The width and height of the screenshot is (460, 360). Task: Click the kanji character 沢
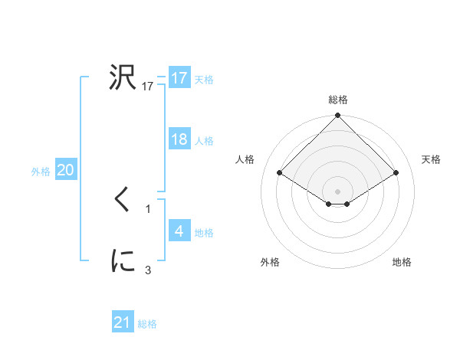(x=123, y=78)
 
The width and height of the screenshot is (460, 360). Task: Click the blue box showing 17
(x=179, y=78)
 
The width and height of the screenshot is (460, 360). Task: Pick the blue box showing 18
(x=179, y=139)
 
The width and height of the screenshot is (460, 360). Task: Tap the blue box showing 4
(x=179, y=231)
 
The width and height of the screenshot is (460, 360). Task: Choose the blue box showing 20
(x=65, y=170)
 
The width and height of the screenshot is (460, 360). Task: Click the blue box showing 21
(x=123, y=323)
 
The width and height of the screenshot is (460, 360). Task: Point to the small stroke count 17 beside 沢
(x=147, y=87)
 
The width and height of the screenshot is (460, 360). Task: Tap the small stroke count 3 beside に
(x=148, y=270)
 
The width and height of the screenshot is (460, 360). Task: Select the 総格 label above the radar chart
(x=338, y=100)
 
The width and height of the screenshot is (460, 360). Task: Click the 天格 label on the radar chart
(x=431, y=159)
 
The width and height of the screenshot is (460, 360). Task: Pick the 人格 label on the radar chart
(x=245, y=159)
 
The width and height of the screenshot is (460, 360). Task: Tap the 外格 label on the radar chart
(x=270, y=262)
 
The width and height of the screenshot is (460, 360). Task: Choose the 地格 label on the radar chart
(x=402, y=262)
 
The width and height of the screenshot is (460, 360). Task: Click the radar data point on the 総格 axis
(x=338, y=116)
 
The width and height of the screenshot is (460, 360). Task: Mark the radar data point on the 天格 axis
(x=396, y=173)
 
